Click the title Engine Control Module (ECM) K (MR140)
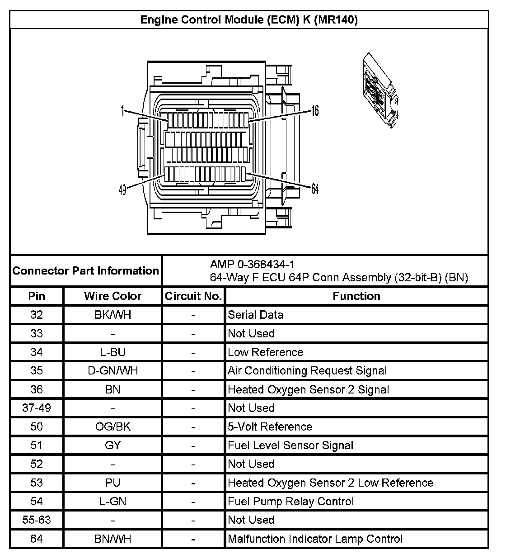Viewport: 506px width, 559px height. tap(249, 20)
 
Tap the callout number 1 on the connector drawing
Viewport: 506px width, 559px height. tap(122, 111)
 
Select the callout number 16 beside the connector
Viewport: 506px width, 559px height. tap(314, 110)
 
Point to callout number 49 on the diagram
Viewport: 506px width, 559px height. tap(122, 190)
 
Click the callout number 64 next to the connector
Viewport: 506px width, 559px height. tap(314, 189)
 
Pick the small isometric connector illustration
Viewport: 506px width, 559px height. tap(380, 90)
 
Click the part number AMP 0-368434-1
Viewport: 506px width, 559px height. tap(252, 264)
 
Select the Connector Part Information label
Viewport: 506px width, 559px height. tap(86, 271)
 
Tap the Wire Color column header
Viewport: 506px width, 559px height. tap(112, 296)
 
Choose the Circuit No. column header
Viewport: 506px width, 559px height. tap(193, 296)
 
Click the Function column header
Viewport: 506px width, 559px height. tap(356, 296)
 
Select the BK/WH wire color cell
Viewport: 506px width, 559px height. tap(112, 315)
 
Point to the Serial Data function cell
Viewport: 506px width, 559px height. tap(256, 315)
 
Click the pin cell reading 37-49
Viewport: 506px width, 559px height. tap(37, 408)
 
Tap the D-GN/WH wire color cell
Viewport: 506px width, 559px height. tap(112, 371)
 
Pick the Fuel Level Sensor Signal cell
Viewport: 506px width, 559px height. tap(290, 445)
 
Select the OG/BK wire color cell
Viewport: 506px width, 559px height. tap(112, 427)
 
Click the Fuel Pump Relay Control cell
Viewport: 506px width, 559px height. tap(291, 502)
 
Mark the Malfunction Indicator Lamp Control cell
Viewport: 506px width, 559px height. tap(315, 539)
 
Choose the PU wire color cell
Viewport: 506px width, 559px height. tap(112, 483)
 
